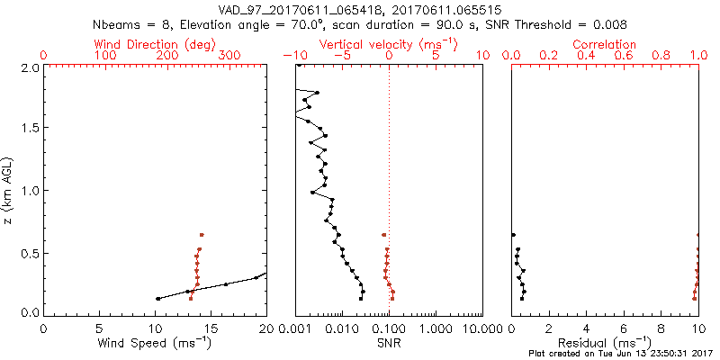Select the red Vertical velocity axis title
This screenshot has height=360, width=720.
pos(390,44)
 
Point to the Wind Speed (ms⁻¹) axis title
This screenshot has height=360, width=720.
pos(155,343)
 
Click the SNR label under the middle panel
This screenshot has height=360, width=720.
pos(390,343)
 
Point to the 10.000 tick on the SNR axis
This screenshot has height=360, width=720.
pos(481,328)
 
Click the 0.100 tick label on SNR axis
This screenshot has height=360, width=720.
pos(389,328)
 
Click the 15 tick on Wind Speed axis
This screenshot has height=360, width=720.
pos(211,328)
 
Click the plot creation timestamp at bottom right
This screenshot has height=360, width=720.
pos(620,354)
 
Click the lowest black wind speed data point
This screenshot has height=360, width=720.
pos(157,299)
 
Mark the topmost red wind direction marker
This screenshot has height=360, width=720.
pos(202,235)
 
